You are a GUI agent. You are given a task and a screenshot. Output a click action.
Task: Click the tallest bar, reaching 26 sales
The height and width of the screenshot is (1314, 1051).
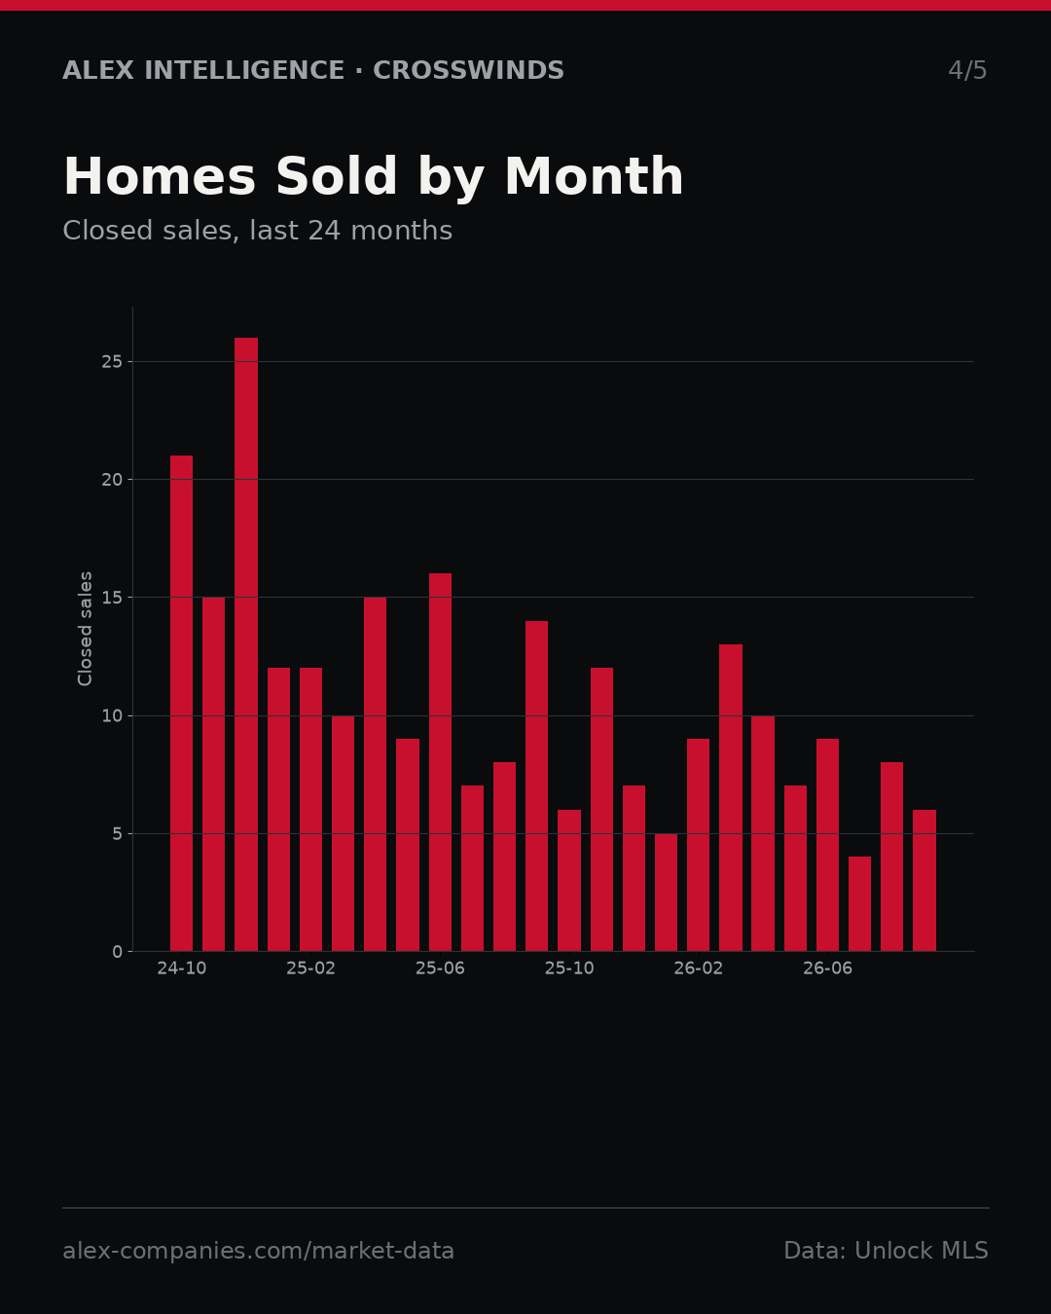246,644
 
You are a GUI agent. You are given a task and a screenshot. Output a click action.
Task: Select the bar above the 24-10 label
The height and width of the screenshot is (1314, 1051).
181,704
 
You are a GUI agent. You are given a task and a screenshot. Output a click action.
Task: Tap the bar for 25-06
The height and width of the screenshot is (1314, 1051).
440,762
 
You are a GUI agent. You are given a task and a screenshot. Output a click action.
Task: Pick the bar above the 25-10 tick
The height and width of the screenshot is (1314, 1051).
569,881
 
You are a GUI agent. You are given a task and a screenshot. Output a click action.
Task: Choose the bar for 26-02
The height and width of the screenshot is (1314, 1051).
698,845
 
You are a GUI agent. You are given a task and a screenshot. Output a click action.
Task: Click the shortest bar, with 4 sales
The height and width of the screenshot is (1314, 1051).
860,903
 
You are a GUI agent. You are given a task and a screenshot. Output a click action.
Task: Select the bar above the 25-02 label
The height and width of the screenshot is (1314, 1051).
310,810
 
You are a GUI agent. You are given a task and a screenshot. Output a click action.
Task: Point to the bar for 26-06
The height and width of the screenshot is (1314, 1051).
827,845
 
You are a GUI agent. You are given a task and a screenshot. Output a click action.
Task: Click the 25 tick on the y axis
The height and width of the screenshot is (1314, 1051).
112,362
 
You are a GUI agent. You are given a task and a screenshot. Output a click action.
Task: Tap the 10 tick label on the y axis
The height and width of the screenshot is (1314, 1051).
112,715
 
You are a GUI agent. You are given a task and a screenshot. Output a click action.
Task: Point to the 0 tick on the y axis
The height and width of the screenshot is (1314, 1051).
117,952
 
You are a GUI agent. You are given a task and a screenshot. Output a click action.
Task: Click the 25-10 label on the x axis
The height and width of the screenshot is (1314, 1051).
569,968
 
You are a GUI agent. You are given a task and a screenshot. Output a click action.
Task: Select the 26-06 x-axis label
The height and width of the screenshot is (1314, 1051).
827,968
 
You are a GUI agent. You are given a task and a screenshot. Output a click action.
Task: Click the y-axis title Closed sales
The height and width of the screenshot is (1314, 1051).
85,629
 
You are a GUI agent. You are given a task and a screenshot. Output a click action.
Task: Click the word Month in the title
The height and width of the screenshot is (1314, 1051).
594,176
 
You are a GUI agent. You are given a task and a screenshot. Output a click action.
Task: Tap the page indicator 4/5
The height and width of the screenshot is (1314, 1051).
967,70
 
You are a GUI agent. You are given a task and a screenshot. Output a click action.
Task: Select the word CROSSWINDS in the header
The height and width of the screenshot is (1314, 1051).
468,70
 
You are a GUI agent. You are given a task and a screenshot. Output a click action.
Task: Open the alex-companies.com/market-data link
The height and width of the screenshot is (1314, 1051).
258,1251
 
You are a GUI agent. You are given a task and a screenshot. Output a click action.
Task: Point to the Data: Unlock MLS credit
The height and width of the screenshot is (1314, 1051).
887,1251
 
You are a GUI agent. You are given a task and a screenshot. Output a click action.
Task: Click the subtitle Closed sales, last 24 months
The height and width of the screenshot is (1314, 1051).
258,231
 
